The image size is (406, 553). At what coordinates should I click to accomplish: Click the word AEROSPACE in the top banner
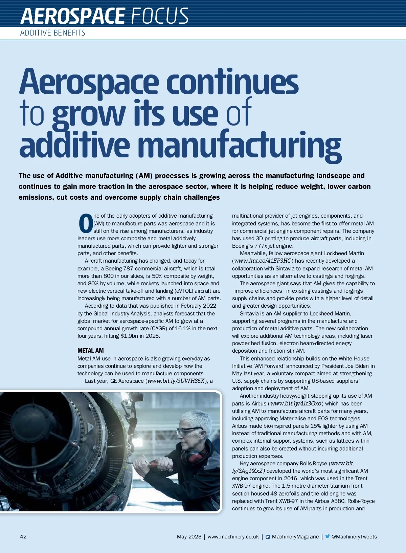coord(72,16)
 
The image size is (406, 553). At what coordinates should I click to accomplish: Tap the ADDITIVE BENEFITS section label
coord(52,33)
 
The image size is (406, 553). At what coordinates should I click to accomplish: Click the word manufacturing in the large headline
coord(240,146)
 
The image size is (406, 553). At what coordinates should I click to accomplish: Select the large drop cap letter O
coord(86,223)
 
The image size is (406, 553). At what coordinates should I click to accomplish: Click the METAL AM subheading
coord(90,351)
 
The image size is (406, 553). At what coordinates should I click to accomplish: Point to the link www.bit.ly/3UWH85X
coord(176,381)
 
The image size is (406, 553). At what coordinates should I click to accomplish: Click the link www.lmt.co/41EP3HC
coord(263,261)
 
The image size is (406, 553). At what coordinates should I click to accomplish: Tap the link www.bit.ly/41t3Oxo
coord(296,403)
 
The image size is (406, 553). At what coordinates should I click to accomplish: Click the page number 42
coord(23,537)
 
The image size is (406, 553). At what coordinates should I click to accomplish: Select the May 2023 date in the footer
coord(189,537)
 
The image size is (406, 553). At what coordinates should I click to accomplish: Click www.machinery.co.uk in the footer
coord(233,537)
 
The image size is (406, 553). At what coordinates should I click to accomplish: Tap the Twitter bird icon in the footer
coord(327,536)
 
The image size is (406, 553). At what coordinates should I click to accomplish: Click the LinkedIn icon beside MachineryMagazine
coord(268,537)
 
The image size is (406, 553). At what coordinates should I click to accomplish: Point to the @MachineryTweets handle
coord(354,537)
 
